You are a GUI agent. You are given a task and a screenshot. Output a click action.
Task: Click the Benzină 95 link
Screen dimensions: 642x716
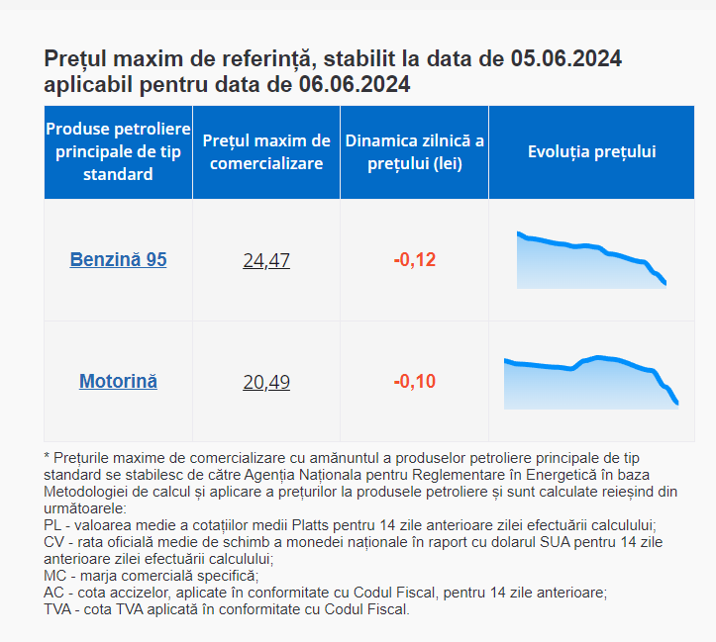pos(118,260)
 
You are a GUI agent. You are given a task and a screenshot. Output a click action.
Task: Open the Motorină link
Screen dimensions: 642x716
pos(118,381)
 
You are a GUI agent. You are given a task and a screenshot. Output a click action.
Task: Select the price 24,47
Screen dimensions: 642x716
pos(266,261)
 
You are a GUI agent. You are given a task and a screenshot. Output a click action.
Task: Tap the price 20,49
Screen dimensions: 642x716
pos(266,382)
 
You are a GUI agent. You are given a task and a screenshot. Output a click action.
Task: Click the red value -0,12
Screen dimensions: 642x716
pos(414,260)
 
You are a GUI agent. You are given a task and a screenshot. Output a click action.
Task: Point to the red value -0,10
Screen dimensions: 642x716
pos(414,381)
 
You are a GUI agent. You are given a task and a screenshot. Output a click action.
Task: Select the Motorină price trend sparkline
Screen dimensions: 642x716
pos(591,382)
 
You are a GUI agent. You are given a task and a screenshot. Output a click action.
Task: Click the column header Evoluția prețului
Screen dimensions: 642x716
pos(591,152)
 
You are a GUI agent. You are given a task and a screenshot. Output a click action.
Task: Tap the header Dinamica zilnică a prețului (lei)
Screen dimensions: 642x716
pos(414,152)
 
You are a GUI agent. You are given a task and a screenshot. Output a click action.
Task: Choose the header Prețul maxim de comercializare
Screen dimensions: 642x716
pos(266,152)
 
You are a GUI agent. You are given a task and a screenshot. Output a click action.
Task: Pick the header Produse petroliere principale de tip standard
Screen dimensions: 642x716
pos(118,152)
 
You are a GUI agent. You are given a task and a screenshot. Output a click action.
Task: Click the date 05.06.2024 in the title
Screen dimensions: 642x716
pos(565,58)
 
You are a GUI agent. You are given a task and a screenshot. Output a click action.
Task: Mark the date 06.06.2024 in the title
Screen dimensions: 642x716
pos(355,85)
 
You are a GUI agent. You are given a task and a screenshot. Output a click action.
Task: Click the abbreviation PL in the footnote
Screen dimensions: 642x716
pos(53,524)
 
